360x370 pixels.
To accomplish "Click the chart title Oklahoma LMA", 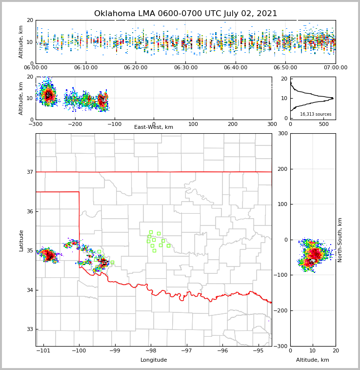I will coord(185,14).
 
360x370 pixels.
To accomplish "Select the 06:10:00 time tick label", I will coord(85,67).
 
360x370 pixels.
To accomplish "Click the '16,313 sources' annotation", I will coord(316,114).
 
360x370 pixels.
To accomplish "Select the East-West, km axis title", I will coord(154,127).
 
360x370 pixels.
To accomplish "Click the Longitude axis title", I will coord(154,360).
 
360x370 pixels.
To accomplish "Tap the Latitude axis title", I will coord(21,240).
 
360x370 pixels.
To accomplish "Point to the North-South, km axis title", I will coord(340,240).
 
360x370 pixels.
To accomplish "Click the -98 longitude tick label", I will coord(150,350).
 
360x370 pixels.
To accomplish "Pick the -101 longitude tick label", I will coord(44,350).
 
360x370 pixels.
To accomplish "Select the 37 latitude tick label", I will coord(29,172).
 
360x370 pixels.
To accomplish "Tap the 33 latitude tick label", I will coord(29,329).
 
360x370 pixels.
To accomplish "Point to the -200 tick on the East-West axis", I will coord(75,124).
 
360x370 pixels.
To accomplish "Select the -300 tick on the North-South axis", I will coord(280,346).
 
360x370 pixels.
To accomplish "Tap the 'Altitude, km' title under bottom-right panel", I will coord(313,360).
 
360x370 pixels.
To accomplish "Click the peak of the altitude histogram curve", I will coord(333,98).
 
